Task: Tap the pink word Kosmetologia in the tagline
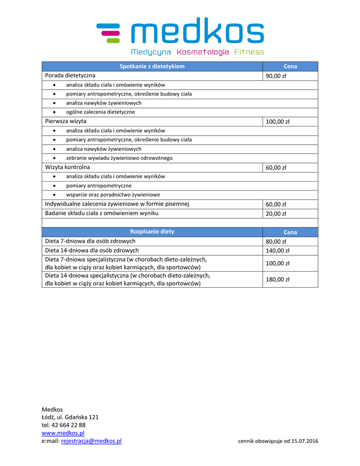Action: pyautogui.click(x=203, y=52)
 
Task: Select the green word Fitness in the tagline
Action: pyautogui.click(x=249, y=52)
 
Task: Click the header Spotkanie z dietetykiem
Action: pyautogui.click(x=152, y=66)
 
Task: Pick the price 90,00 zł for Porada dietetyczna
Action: pyautogui.click(x=276, y=76)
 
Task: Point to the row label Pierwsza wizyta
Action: pyautogui.click(x=66, y=122)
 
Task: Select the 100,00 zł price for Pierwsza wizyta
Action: pyautogui.click(x=278, y=122)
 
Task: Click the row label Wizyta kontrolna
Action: pyautogui.click(x=67, y=167)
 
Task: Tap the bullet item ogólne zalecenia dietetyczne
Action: pyautogui.click(x=100, y=112)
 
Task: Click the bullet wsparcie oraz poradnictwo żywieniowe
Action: pyautogui.click(x=113, y=195)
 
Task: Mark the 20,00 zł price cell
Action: pyautogui.click(x=276, y=214)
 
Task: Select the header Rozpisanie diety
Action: pyautogui.click(x=152, y=232)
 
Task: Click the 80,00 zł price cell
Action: pyautogui.click(x=276, y=242)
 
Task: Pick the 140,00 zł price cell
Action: pyautogui.click(x=278, y=251)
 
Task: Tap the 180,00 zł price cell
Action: pyautogui.click(x=278, y=279)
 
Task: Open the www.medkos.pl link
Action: pyautogui.click(x=63, y=433)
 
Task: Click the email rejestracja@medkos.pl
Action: pyautogui.click(x=91, y=441)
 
